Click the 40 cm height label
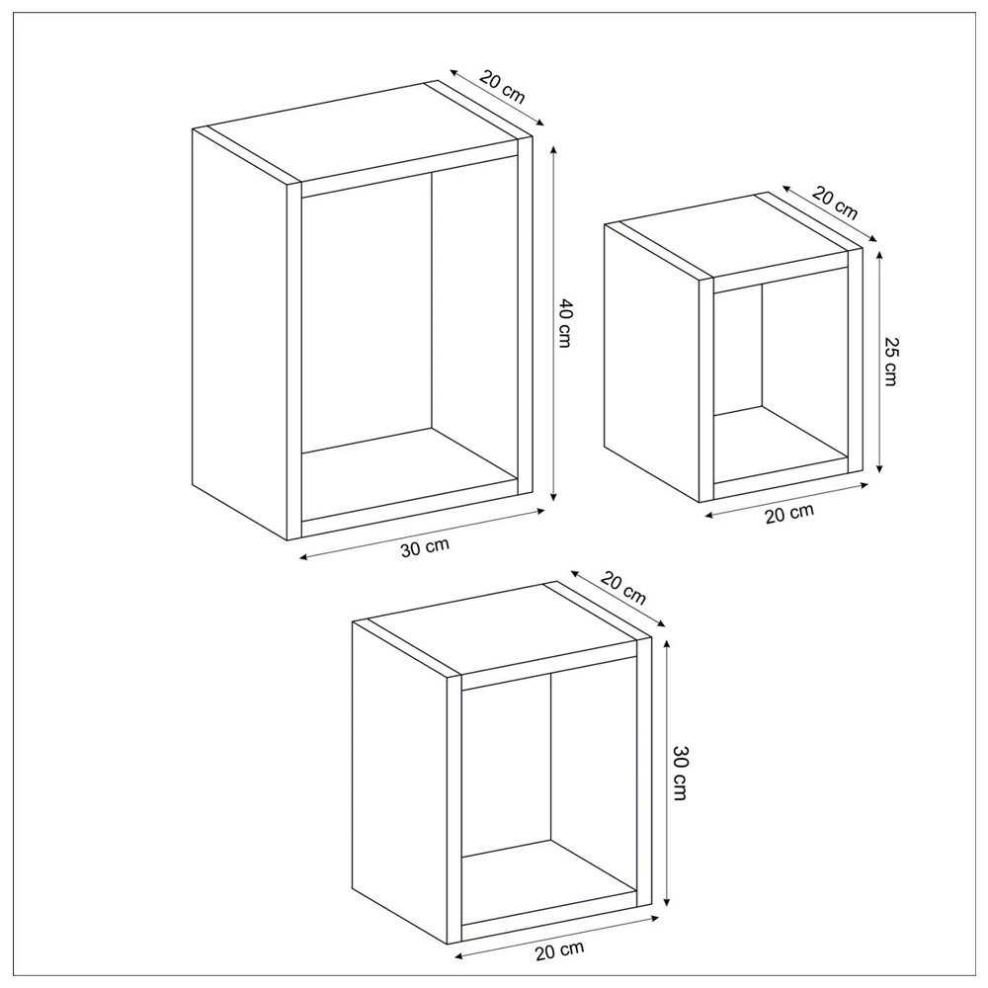564,324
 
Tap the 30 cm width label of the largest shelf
425,547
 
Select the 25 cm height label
890,361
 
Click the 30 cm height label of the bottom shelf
680,773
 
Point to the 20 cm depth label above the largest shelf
502,86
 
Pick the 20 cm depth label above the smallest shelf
835,203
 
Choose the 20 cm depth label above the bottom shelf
623,587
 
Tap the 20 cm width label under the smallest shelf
789,514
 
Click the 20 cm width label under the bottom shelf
560,950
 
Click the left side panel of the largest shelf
239,334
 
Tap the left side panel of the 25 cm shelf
651,363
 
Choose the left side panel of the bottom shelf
399,782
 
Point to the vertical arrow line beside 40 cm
554,323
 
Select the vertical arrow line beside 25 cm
879,361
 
